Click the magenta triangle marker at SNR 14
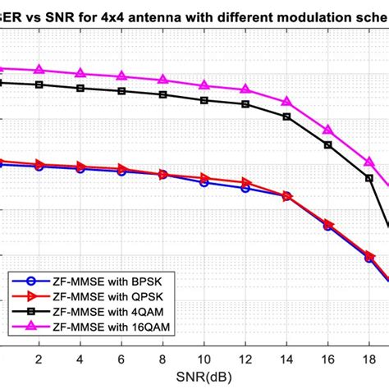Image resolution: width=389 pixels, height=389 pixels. click(x=286, y=102)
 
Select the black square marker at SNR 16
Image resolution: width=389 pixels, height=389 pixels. click(x=328, y=144)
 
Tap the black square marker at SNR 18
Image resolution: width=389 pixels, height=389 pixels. click(x=369, y=178)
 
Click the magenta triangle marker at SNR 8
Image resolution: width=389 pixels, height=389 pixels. click(x=162, y=80)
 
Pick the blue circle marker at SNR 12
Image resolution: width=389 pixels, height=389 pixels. click(x=245, y=188)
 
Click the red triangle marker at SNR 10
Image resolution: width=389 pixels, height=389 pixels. click(x=204, y=178)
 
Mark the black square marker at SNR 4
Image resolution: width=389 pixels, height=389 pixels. click(x=80, y=88)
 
